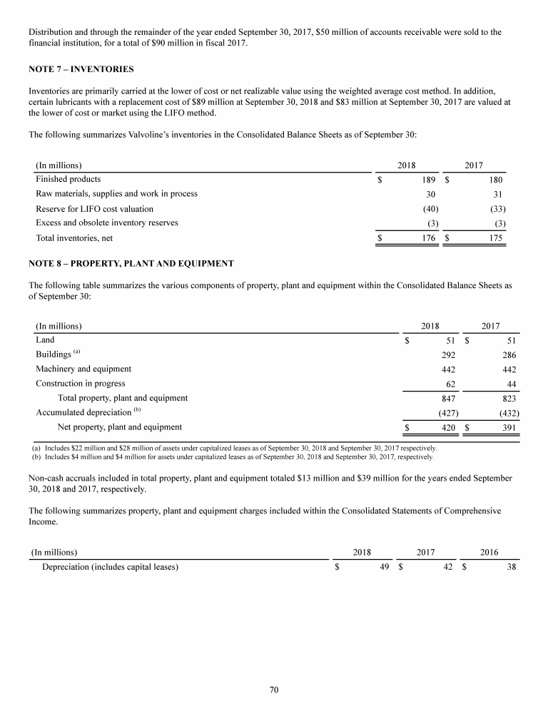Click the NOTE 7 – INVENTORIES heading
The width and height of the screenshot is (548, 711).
(81, 69)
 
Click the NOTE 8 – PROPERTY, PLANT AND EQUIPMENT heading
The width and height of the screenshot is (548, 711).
(131, 263)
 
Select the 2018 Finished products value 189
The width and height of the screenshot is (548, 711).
(430, 179)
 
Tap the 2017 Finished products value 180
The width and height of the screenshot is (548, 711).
(495, 179)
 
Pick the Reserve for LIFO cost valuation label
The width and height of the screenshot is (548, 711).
(94, 208)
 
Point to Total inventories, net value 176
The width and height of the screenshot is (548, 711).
(430, 238)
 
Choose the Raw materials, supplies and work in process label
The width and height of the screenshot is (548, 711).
(116, 193)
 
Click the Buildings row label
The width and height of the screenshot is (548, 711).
(54, 354)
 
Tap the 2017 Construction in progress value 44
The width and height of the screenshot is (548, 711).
(511, 384)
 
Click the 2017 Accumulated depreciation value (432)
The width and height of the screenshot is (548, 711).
(507, 412)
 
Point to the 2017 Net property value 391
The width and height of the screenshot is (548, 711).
(509, 428)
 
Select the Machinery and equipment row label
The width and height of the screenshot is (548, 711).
(83, 369)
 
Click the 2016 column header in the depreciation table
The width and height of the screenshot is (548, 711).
(489, 552)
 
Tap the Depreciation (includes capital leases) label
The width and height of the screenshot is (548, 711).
(110, 568)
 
